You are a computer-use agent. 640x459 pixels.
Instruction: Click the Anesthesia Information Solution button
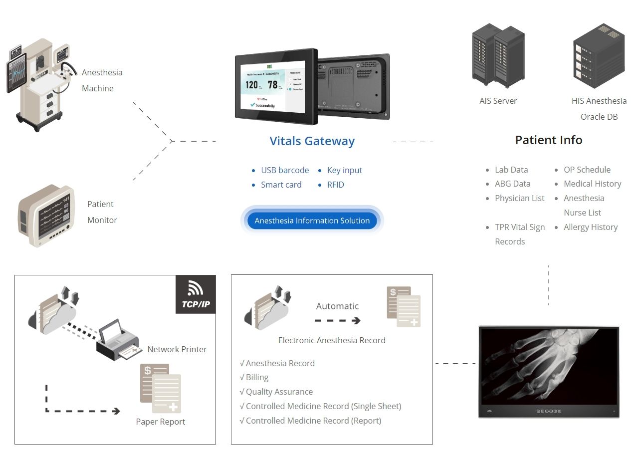coord(312,221)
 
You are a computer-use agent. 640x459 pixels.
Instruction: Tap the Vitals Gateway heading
coord(312,141)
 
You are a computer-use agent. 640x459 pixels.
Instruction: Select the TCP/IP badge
coord(196,294)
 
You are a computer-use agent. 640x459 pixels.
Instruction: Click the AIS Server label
coord(498,101)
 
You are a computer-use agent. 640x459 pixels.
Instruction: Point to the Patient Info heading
coord(549,140)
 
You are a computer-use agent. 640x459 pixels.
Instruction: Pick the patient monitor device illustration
coord(46,216)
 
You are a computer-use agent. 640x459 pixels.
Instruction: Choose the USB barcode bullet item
coord(285,170)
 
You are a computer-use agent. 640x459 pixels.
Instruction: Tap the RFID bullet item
coord(335,185)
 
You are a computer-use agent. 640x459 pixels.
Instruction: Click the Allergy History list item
coord(591,227)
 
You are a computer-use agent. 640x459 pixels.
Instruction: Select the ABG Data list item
coord(512,184)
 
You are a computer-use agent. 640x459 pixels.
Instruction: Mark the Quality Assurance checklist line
coord(279,392)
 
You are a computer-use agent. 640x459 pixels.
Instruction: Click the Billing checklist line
coord(257,377)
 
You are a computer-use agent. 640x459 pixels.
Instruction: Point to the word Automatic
coord(337,306)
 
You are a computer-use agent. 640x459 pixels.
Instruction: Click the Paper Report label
coord(160,422)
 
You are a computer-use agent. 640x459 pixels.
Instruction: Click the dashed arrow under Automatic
coord(337,321)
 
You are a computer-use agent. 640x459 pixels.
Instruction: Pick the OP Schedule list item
coord(587,170)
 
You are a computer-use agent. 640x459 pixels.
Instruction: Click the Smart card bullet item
coord(281,185)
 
